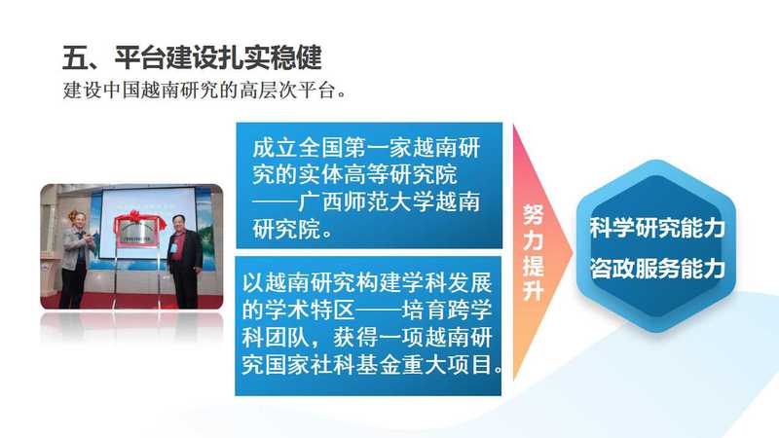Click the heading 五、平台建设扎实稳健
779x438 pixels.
(x=192, y=57)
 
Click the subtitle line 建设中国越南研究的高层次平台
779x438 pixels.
(x=204, y=91)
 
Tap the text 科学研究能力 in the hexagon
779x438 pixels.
(x=656, y=228)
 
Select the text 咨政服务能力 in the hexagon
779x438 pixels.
(x=656, y=269)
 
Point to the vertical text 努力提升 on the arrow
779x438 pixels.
(x=533, y=252)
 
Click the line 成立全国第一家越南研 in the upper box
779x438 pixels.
(x=366, y=148)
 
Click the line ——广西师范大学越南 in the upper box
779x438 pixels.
(x=366, y=202)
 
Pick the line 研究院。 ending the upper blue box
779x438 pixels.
(x=292, y=230)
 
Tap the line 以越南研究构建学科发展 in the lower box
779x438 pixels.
(x=367, y=283)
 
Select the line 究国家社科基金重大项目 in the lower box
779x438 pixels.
(x=372, y=364)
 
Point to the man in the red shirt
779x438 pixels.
(x=184, y=261)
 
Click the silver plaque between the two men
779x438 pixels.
(x=136, y=233)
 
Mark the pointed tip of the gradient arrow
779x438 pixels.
(x=573, y=253)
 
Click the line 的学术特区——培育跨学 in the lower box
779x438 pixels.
(x=367, y=310)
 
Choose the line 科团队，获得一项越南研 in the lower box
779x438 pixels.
(x=367, y=338)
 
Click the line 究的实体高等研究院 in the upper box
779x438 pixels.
(x=354, y=175)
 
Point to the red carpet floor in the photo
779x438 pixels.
(x=131, y=302)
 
